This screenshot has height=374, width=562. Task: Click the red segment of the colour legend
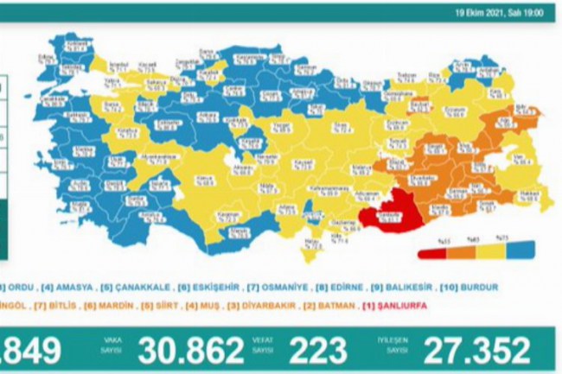[429, 254]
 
